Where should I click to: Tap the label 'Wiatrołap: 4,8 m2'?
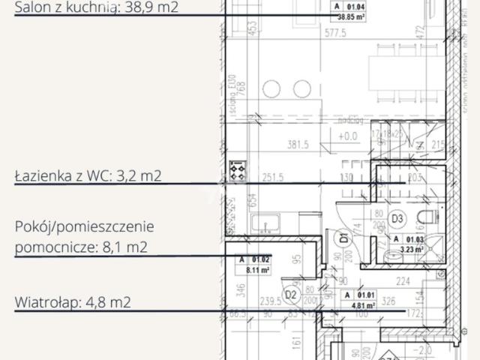(x=73, y=302)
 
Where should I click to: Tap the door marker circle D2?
(x=290, y=293)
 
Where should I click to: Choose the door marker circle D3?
(x=399, y=219)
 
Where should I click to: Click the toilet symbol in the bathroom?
(x=428, y=219)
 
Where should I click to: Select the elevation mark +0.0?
(x=348, y=136)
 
